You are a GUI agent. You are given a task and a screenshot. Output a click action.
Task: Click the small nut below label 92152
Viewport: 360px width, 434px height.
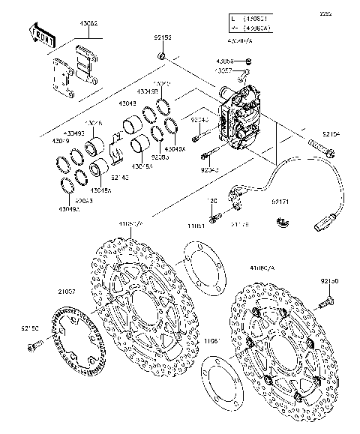162,57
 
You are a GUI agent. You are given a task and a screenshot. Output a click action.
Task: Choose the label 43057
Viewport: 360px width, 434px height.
225,70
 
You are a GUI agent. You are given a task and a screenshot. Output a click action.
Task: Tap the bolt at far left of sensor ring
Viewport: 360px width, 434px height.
33,346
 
